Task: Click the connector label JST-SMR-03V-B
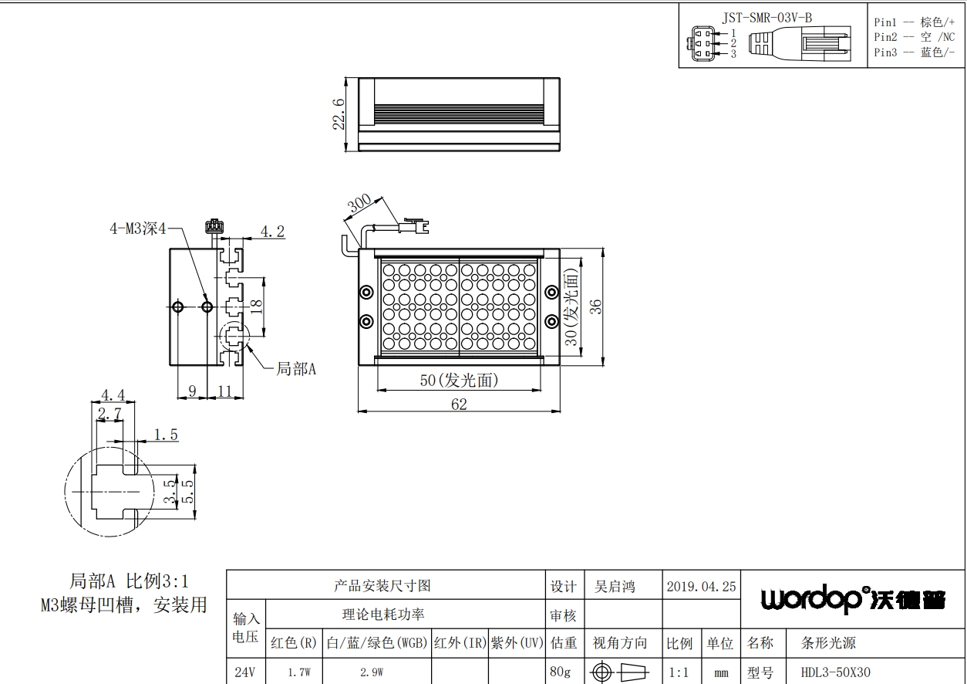767,18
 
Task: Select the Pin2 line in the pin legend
915,37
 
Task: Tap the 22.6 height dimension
339,114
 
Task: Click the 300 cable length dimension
359,203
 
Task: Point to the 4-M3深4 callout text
138,229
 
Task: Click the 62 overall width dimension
459,405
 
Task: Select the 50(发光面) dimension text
459,381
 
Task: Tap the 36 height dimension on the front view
596,306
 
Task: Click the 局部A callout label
296,369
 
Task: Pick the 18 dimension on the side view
256,306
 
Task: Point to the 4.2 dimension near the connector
272,232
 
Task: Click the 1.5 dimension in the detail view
167,435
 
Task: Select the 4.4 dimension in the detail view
113,395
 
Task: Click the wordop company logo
853,600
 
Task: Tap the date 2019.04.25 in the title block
701,587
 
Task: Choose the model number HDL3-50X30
835,672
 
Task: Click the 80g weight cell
560,672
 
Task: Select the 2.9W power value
372,672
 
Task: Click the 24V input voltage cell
244,672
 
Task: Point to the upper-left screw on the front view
366,292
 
